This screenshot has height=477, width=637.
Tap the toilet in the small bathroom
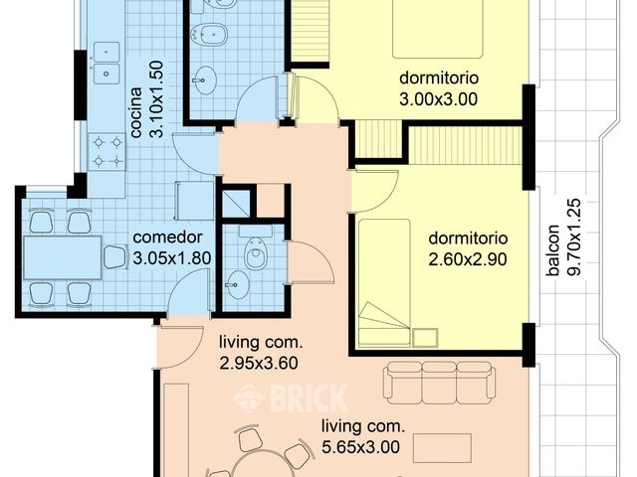(x=256, y=256)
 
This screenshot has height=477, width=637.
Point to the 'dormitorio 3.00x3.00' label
(x=439, y=87)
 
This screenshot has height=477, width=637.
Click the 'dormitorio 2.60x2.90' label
(x=468, y=247)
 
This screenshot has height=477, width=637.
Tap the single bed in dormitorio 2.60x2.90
(x=384, y=282)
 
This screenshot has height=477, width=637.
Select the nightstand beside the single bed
(x=426, y=336)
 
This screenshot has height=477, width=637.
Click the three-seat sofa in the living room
(x=440, y=382)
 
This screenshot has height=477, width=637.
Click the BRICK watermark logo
(x=290, y=398)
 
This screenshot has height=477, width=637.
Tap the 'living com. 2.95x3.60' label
(x=260, y=353)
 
